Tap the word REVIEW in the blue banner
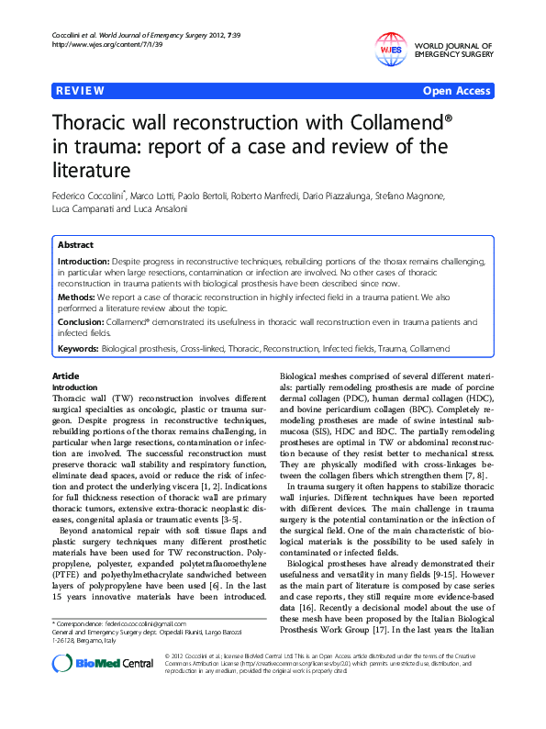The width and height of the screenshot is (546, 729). pos(80,91)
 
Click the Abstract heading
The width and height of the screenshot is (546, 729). pos(75,246)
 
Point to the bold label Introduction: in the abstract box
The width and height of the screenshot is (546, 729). pos(85,262)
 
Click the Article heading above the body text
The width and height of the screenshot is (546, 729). pos(65,377)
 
